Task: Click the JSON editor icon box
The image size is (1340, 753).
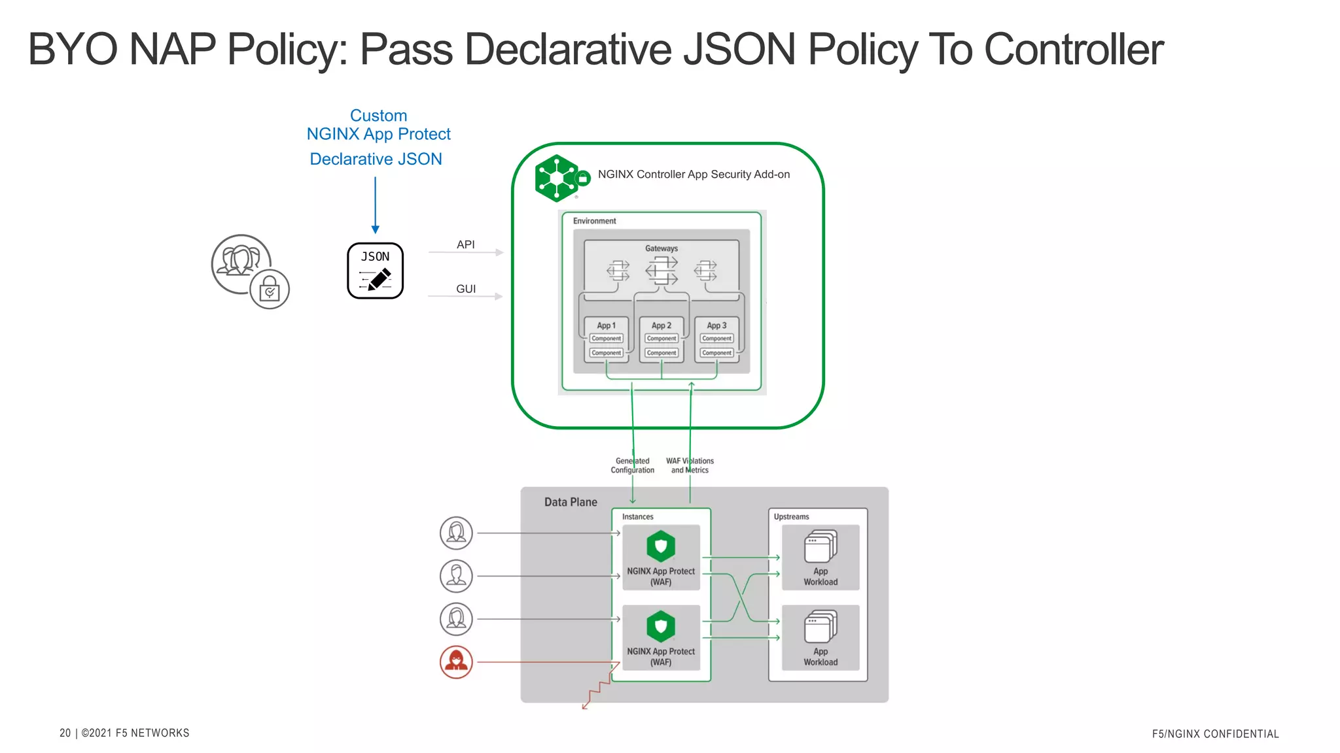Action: [375, 271]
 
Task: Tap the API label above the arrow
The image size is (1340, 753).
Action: [465, 244]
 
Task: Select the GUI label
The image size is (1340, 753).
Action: [466, 289]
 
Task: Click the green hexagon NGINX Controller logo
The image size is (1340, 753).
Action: [557, 178]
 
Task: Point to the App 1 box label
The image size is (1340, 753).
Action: [606, 326]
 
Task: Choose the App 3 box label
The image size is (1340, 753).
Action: [716, 326]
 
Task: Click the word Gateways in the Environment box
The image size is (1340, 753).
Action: [661, 248]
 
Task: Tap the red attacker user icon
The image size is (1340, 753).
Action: [456, 661]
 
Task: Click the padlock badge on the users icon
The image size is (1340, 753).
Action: [270, 290]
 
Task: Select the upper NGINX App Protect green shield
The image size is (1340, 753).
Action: [661, 546]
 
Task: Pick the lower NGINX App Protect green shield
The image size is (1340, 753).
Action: [661, 626]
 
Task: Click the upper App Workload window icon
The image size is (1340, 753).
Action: [820, 546]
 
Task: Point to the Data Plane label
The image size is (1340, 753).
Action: [571, 502]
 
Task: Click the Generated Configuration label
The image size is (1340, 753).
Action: [632, 465]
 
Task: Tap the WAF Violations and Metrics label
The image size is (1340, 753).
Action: [690, 465]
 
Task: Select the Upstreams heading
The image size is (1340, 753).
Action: [791, 516]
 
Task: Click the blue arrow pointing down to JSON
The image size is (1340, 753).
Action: [375, 205]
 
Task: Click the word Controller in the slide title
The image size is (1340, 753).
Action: [1073, 50]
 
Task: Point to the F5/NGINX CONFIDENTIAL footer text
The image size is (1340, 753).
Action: [1215, 734]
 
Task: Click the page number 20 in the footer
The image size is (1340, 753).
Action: [65, 733]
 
